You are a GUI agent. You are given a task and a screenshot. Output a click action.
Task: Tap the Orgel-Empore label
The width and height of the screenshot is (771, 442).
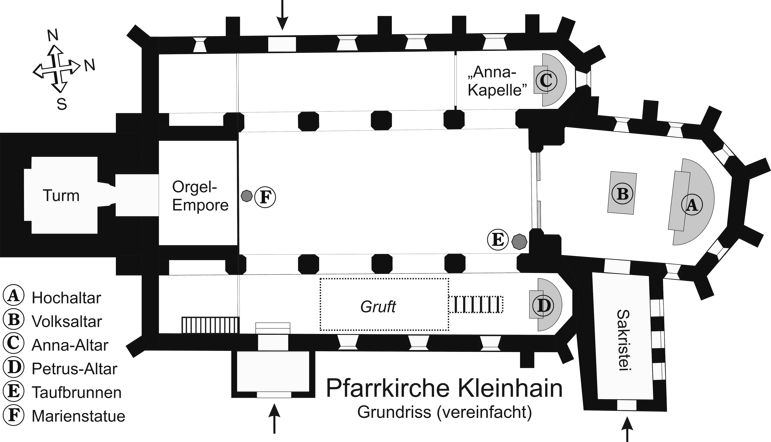click(x=200, y=196)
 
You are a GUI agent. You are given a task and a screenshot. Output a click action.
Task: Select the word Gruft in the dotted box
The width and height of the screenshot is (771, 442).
click(x=378, y=307)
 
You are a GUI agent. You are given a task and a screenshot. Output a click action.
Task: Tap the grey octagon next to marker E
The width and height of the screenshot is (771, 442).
click(x=519, y=242)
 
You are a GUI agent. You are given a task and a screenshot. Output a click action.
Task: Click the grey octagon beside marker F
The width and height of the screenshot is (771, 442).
click(x=246, y=196)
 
